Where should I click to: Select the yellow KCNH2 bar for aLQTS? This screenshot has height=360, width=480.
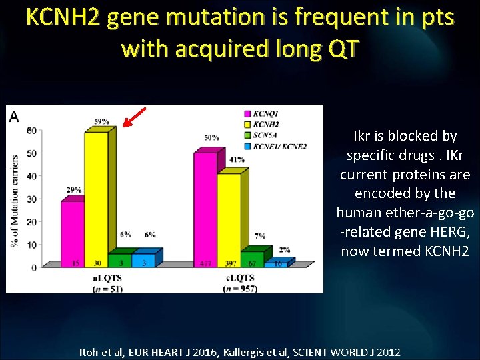point(96,200)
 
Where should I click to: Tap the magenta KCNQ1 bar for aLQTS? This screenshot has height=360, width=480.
point(72,233)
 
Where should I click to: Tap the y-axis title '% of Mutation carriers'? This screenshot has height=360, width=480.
point(15,201)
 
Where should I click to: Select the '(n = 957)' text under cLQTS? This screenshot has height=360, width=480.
point(241,288)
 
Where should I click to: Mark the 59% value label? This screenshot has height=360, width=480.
point(101,122)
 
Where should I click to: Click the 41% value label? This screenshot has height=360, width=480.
point(236,160)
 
